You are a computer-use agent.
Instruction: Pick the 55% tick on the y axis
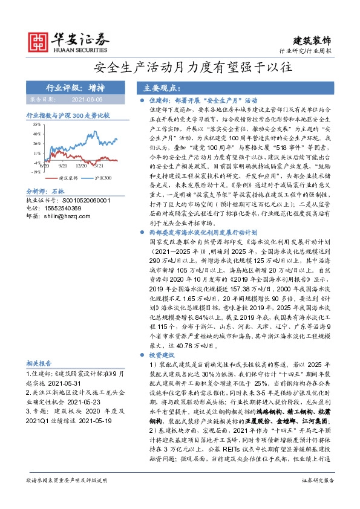tap(37, 123)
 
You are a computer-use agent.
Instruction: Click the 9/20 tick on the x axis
tap(63, 164)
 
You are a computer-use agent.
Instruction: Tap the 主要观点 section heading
tap(159, 87)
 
